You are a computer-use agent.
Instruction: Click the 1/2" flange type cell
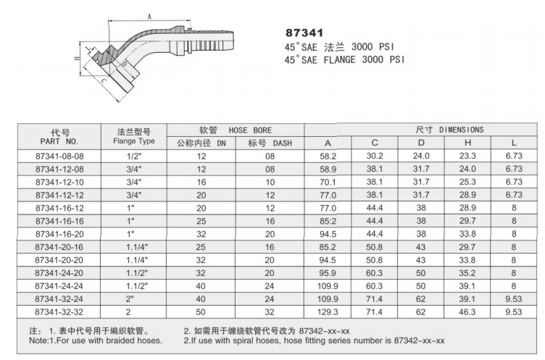click(133, 156)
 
